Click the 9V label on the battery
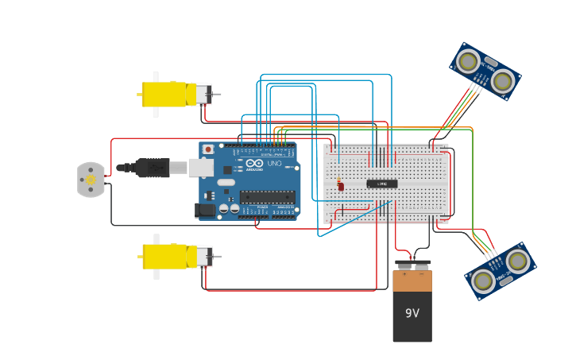click(x=412, y=313)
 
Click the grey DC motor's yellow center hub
click(x=91, y=180)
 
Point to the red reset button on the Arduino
click(x=208, y=149)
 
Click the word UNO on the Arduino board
click(x=274, y=163)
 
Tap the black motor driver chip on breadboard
click(x=381, y=184)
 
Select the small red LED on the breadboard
click(x=341, y=186)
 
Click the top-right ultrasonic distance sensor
click(x=485, y=72)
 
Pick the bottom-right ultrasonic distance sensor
click(x=500, y=271)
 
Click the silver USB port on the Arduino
click(x=199, y=167)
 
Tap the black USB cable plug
click(x=150, y=168)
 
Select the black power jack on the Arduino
click(x=205, y=211)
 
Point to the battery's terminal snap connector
click(x=412, y=265)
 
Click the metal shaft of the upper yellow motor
click(x=216, y=95)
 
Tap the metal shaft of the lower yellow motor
click(x=216, y=257)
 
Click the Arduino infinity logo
click(x=253, y=163)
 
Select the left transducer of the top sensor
click(x=468, y=60)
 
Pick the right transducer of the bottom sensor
click(x=517, y=260)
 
